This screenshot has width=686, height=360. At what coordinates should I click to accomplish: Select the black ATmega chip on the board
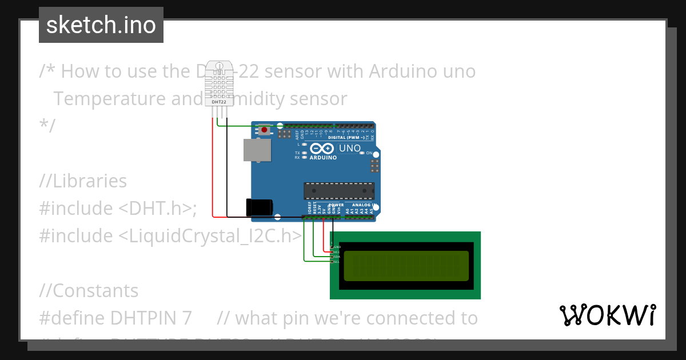tap(339, 191)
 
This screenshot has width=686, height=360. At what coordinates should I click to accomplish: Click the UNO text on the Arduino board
tap(350, 149)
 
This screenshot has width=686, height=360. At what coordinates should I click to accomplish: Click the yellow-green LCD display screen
tap(406, 266)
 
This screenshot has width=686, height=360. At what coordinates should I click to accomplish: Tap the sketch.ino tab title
tap(101, 25)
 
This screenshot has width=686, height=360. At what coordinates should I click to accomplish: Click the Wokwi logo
tap(608, 315)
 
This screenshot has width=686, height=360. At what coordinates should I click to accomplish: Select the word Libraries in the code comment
tap(90, 181)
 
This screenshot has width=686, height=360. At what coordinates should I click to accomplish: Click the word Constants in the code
tap(95, 291)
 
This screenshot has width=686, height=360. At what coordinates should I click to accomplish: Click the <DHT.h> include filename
tap(157, 209)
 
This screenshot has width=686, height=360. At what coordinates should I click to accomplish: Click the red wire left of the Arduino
tap(213, 171)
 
